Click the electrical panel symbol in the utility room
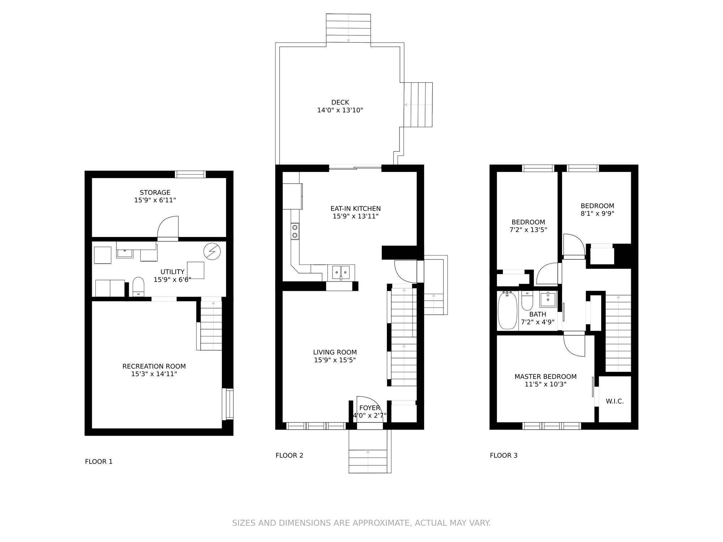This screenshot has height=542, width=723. [212, 251]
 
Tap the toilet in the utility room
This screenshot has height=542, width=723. [138, 287]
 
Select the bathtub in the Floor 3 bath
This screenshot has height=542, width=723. [508, 310]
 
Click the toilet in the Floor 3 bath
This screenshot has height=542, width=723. [527, 301]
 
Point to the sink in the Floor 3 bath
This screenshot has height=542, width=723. [548, 300]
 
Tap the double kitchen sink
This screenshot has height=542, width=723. [341, 272]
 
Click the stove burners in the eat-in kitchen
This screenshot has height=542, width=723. [295, 231]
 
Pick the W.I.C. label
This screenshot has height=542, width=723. [615, 401]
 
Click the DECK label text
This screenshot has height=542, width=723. [340, 103]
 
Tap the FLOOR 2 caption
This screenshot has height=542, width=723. [289, 455]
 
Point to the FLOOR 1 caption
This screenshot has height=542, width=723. [99, 461]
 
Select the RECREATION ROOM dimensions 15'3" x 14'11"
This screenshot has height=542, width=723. [154, 374]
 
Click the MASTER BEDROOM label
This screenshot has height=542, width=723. [546, 377]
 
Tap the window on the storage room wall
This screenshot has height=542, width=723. [191, 174]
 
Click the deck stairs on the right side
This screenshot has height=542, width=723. [418, 105]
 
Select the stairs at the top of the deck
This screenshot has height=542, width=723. [348, 28]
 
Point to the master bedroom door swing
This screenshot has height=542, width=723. [574, 346]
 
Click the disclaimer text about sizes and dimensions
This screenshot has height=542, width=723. [361, 523]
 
